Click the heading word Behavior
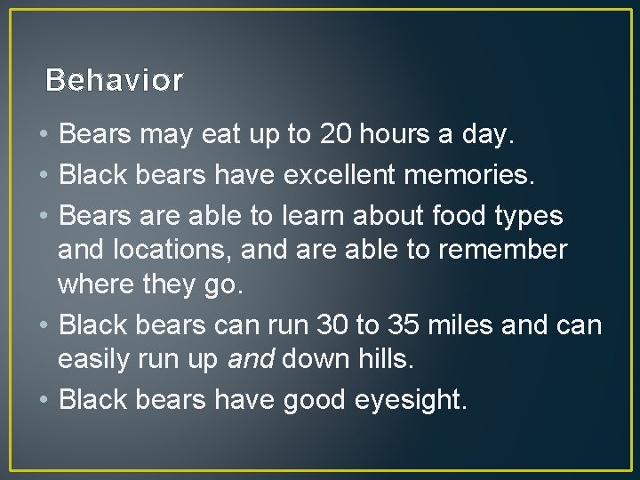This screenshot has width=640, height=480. tap(114, 81)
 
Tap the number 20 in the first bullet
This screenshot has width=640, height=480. tap(332, 136)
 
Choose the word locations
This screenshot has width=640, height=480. tap(172, 251)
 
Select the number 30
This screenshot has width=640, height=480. tap(333, 326)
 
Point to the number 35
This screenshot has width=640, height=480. tap(402, 326)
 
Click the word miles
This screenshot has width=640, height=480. tap(461, 326)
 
